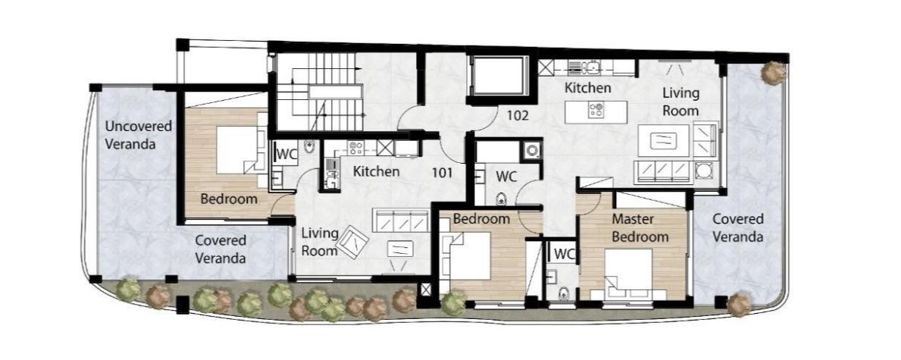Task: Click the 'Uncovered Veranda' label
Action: [130, 135]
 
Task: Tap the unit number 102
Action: [517, 115]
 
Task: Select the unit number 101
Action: [443, 171]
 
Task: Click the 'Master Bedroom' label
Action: [640, 227]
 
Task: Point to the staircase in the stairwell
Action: [328, 92]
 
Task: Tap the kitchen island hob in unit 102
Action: [596, 110]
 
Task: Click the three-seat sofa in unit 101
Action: [401, 221]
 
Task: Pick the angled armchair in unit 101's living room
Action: [353, 242]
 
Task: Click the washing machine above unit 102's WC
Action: [532, 151]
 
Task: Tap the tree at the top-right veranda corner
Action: [774, 73]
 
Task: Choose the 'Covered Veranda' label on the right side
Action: [738, 227]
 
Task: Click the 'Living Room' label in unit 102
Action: [681, 102]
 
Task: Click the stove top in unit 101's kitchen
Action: [355, 148]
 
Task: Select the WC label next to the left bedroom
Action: [286, 155]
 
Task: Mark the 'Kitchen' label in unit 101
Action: [376, 171]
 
